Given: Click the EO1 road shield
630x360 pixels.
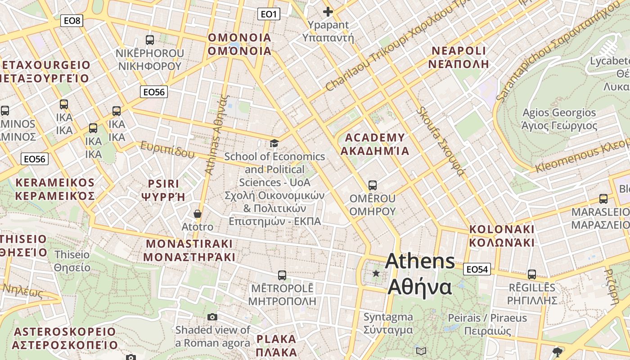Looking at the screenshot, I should point(269,14).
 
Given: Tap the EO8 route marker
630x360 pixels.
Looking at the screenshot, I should point(72,20).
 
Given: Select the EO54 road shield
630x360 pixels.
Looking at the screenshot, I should point(477,269).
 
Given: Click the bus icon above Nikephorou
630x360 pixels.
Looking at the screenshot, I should point(150,40).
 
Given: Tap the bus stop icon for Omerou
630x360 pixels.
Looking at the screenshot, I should point(372,185).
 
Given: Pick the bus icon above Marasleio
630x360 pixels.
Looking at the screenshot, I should point(603,198).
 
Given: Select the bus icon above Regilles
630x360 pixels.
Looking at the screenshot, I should point(532,274).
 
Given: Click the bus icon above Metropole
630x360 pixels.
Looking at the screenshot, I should point(282,275).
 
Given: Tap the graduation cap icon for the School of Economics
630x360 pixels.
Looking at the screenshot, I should point(274,144).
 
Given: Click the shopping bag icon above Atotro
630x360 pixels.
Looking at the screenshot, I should point(197,213).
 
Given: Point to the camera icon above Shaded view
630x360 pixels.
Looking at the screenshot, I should point(212,317).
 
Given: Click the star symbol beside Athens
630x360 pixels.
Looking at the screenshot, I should point(376,273).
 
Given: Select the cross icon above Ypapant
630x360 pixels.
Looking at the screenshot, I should point(328,11).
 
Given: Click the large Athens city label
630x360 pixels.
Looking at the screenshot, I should point(420,274).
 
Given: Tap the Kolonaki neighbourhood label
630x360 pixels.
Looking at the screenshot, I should point(502,236).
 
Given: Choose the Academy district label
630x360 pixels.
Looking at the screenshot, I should point(374,144).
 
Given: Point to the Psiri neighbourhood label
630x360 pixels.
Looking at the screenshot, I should point(163,190).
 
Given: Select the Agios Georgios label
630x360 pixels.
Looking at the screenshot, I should point(559,119).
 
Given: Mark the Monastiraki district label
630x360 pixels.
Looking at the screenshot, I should point(189,250).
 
